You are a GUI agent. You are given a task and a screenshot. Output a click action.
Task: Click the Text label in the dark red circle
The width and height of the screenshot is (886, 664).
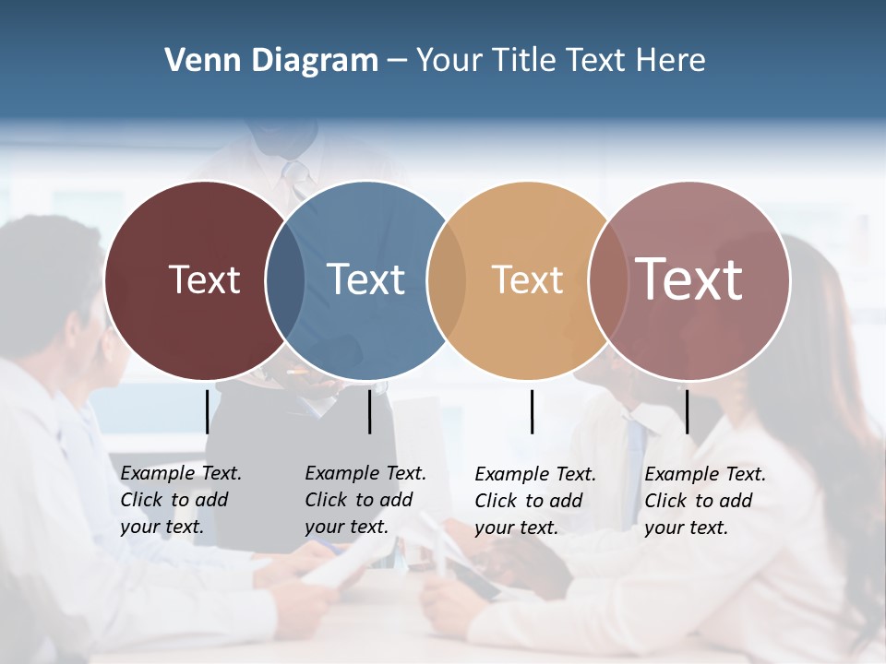[204, 279]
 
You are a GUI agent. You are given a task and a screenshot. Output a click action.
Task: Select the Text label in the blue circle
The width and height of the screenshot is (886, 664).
[365, 279]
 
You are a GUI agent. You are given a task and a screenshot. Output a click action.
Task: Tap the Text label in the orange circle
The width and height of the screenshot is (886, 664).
[527, 279]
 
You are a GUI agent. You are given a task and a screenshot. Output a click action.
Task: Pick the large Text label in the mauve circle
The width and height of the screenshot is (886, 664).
[689, 279]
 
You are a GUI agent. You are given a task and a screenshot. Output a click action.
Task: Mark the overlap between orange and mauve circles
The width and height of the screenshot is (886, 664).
[606, 280]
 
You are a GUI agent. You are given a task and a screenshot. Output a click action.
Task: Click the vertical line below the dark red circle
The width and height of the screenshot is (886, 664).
[207, 411]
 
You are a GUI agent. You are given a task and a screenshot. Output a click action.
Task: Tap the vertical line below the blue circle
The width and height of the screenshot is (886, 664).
[369, 411]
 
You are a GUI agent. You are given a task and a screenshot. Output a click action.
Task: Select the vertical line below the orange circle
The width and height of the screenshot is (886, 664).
[532, 411]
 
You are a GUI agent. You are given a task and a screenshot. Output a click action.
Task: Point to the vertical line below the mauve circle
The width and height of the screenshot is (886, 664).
[687, 411]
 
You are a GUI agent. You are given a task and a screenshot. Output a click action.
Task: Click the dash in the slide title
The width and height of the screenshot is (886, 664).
[396, 61]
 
